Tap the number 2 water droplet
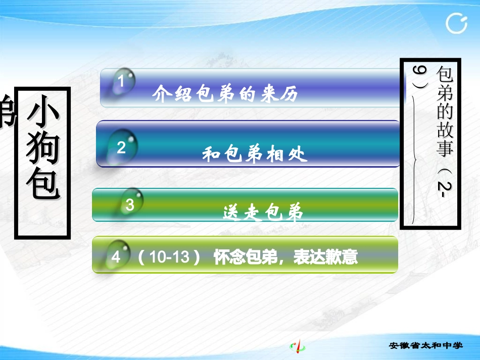pyautogui.click(x=122, y=147)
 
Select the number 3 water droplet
pyautogui.click(x=130, y=204)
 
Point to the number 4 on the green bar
pyautogui.click(x=116, y=258)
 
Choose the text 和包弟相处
pyautogui.click(x=255, y=153)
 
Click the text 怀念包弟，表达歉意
pyautogui.click(x=285, y=258)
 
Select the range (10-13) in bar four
pyautogui.click(x=169, y=258)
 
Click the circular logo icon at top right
pyautogui.click(x=457, y=23)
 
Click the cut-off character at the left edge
pyautogui.click(x=6, y=112)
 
